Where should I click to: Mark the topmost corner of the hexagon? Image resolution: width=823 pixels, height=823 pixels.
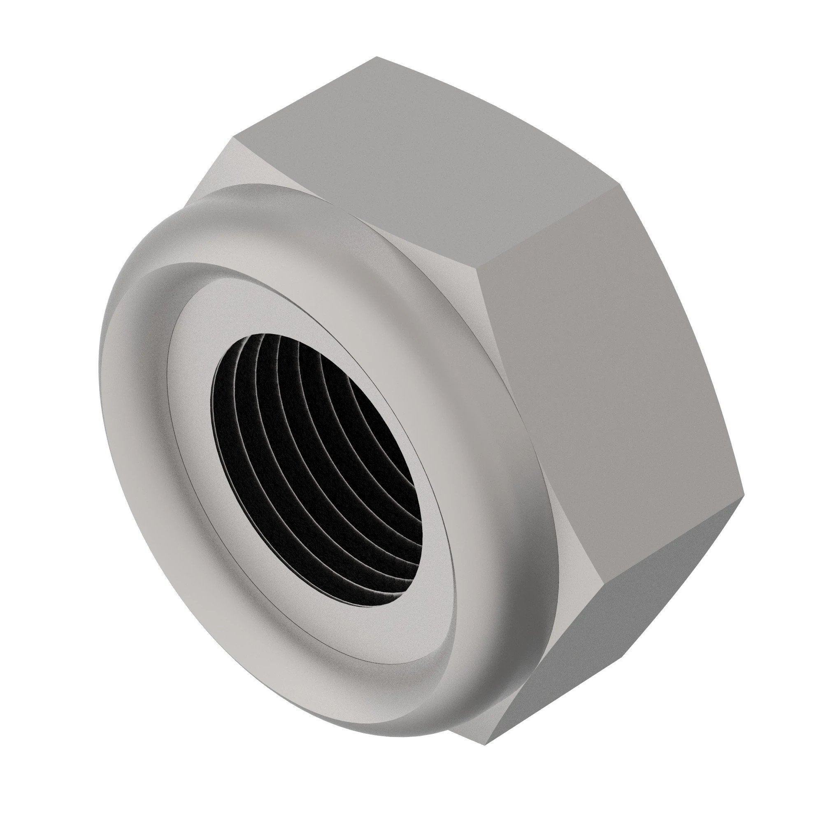coord(377,57)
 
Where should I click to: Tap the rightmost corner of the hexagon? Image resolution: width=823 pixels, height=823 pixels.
coord(744,496)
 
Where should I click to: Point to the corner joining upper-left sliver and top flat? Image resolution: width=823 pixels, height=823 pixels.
coord(233,137)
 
